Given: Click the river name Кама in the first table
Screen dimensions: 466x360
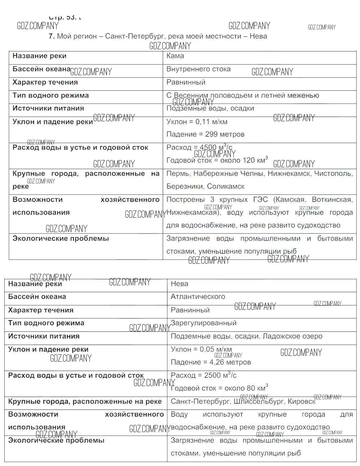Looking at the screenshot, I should tap(175, 56).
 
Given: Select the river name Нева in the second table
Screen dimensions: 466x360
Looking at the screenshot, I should tap(179, 284).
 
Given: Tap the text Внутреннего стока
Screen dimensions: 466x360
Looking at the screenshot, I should tap(198, 69).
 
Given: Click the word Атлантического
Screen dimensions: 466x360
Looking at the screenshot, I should tap(198, 297).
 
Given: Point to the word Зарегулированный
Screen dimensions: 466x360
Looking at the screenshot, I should tap(203, 323).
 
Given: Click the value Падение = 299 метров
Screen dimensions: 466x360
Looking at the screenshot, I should tap(205, 135).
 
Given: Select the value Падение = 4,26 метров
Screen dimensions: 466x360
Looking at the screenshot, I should tap(211, 362).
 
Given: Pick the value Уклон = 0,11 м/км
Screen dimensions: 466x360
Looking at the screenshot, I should tap(197, 122).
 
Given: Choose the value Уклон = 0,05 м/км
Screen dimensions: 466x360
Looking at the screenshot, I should tap(201, 349).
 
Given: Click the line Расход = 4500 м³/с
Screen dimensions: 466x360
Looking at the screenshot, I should tap(199, 148).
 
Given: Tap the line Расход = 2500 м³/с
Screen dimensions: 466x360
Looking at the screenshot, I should tap(203, 375).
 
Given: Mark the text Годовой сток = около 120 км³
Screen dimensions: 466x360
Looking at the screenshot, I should tap(217, 160).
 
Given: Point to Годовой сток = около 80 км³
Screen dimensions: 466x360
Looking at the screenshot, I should tap(219, 388).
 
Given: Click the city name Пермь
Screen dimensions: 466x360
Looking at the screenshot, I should tap(178, 174).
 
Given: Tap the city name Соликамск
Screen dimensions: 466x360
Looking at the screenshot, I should tap(226, 187).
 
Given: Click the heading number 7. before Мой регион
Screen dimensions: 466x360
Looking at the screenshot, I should tap(52, 36).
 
